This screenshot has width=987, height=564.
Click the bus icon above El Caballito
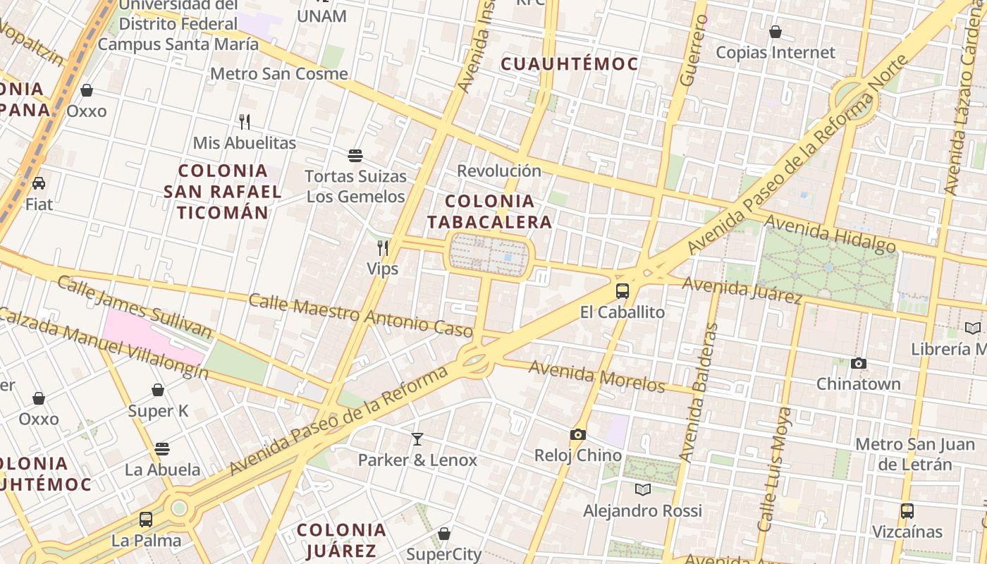622,290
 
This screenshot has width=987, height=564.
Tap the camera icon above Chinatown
858,363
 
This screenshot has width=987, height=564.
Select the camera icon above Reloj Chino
578,434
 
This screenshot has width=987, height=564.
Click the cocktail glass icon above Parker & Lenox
417,439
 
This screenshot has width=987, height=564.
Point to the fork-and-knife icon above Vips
383,247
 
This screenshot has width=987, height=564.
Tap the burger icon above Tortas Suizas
355,155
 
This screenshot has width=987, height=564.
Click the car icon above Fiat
39,183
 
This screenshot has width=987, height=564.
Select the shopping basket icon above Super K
158,390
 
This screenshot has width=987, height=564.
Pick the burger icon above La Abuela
162,448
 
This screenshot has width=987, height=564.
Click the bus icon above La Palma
146,520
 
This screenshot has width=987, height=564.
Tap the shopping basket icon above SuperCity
444,534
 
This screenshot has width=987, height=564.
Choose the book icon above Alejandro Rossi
642,489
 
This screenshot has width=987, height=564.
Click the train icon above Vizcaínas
907,510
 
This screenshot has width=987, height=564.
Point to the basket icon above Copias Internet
775,32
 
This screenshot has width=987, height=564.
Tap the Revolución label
499,171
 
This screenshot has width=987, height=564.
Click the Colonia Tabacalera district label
489,211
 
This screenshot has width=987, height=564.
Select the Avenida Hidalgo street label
830,234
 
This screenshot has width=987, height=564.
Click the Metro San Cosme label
279,73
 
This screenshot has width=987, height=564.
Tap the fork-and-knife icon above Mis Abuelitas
245,122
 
